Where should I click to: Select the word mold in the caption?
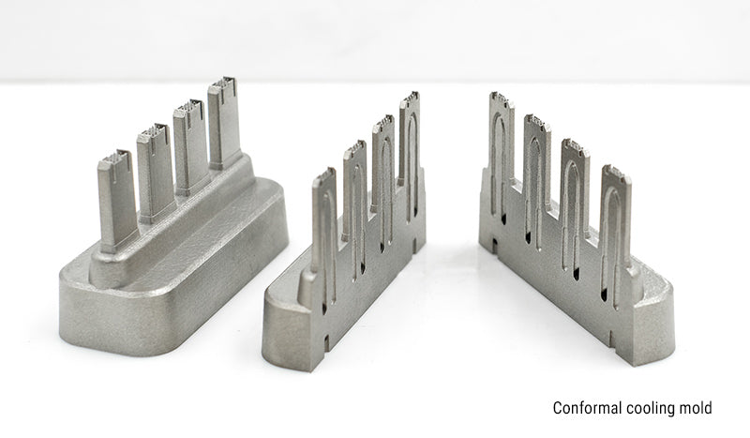coord(696,408)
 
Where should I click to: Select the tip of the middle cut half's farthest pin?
coord(411,99)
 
